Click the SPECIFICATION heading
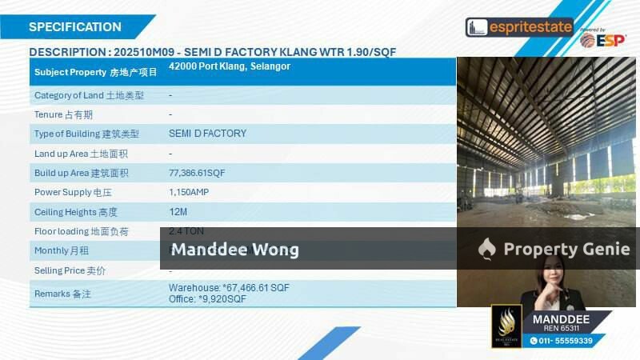(x=75, y=27)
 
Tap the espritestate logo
(x=519, y=27)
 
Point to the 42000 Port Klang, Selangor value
(x=230, y=66)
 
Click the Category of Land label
(x=89, y=95)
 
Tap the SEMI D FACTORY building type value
(x=207, y=134)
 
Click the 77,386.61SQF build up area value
(x=197, y=173)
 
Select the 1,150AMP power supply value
(x=190, y=192)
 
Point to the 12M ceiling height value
(x=178, y=212)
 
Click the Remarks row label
(x=62, y=294)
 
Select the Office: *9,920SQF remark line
(x=207, y=299)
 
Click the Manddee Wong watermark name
(x=235, y=250)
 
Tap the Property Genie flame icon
(x=486, y=250)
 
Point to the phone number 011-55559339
(x=567, y=341)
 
